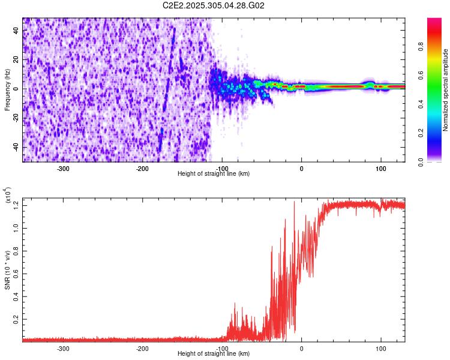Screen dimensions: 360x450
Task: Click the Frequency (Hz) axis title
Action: click(7, 90)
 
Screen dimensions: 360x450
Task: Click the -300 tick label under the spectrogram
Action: click(64, 168)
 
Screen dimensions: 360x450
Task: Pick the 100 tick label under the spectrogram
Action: click(380, 168)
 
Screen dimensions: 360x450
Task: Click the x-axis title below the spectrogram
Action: click(214, 174)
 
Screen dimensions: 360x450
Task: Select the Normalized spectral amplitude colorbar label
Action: click(446, 90)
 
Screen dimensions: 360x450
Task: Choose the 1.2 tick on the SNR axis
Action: click(16, 205)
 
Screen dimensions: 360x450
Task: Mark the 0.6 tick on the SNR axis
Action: click(16, 274)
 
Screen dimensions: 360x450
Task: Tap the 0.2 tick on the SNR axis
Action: click(16, 319)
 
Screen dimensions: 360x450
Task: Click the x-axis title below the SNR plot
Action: click(214, 354)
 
